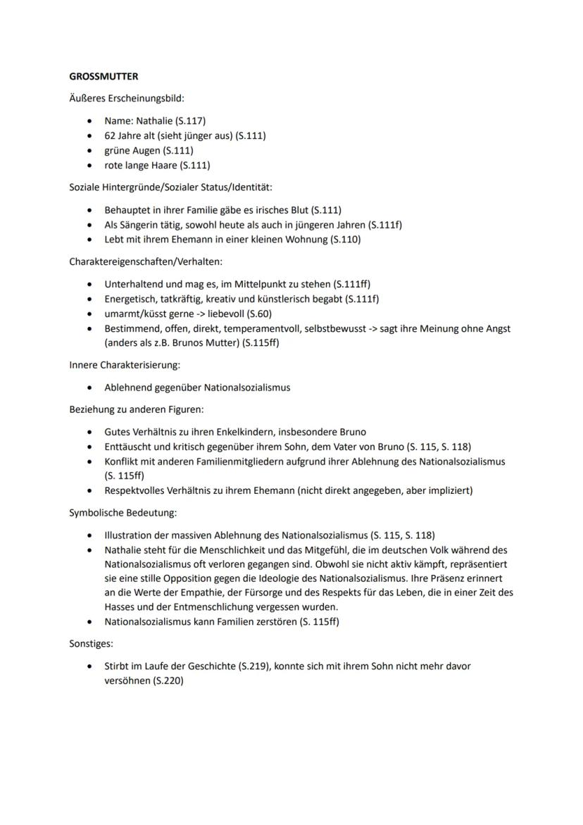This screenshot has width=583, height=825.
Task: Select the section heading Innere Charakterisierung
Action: tap(125, 365)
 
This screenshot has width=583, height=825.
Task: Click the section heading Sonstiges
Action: tap(91, 643)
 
